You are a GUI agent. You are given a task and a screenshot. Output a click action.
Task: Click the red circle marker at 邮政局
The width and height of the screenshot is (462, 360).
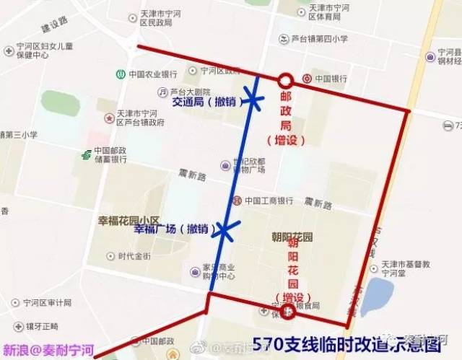tap(286, 80)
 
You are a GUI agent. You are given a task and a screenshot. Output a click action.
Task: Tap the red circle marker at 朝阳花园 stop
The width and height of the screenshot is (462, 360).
tap(289, 311)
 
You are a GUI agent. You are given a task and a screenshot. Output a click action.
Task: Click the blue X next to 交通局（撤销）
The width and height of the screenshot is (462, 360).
tap(252, 102)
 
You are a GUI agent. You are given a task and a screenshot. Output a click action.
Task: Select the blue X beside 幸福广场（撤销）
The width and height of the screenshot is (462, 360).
tap(225, 230)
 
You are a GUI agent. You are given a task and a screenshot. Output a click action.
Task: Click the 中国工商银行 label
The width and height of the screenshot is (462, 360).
tap(269, 201)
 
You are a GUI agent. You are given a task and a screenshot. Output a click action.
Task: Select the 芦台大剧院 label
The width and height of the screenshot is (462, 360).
tap(190, 92)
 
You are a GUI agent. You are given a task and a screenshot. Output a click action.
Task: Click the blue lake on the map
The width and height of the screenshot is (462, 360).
tap(377, 296)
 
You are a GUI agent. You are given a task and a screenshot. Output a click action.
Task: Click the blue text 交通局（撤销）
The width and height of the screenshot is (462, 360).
tap(204, 102)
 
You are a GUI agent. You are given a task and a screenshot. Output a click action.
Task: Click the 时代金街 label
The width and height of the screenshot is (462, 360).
tap(134, 256)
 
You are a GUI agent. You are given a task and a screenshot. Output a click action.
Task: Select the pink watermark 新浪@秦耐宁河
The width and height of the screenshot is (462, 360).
tap(48, 351)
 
